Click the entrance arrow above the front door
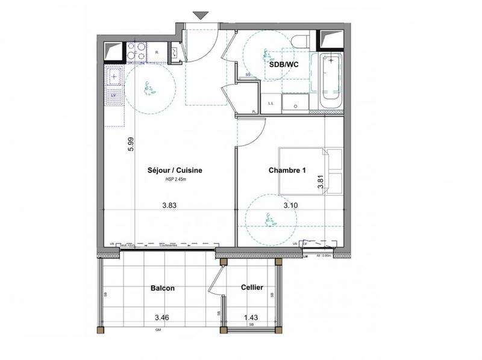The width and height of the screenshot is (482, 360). coord(201,16)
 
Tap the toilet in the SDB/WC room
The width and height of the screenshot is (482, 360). coord(299,41)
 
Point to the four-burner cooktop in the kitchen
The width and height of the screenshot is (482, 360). coord(137,52)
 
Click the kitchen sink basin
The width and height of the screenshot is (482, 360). coord(114,77)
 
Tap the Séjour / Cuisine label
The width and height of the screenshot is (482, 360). coord(175,170)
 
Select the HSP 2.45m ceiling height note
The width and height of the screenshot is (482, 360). coord(175,179)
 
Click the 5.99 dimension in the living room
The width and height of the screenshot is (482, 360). coord(130,144)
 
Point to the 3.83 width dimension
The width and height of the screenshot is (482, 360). coord(170,205)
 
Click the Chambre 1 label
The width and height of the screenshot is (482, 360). coord(287,170)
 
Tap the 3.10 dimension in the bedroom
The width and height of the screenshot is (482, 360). coord(292,205)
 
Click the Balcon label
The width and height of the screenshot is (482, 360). coord(162,288)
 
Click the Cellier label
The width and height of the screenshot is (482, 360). coord(251,287)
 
